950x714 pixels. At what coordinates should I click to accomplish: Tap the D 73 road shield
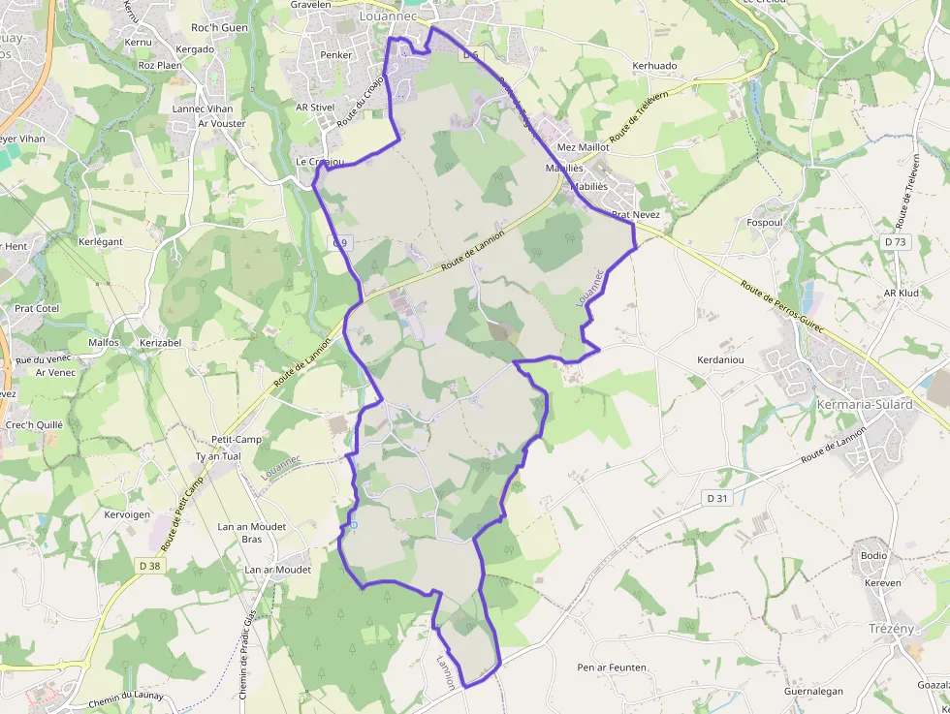click(x=895, y=241)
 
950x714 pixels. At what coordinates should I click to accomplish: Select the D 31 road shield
click(x=716, y=498)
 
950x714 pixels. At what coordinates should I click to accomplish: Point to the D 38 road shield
click(x=149, y=566)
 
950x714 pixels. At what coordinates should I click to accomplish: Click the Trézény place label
click(x=891, y=628)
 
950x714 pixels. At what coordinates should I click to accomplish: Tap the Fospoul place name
click(x=766, y=222)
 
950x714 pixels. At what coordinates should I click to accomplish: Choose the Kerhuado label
click(x=654, y=66)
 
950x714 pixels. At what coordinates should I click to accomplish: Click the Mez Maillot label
click(x=583, y=147)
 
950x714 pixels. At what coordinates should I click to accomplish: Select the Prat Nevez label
click(x=635, y=213)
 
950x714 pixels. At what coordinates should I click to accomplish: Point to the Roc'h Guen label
click(x=219, y=27)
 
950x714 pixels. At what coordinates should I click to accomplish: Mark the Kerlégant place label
click(x=101, y=240)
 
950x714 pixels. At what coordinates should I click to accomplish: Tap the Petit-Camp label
click(x=236, y=439)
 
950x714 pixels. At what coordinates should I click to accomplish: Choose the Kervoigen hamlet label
click(x=127, y=513)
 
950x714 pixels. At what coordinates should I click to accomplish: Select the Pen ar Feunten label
click(x=612, y=667)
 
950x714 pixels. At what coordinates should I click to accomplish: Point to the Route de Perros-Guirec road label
click(x=781, y=307)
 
